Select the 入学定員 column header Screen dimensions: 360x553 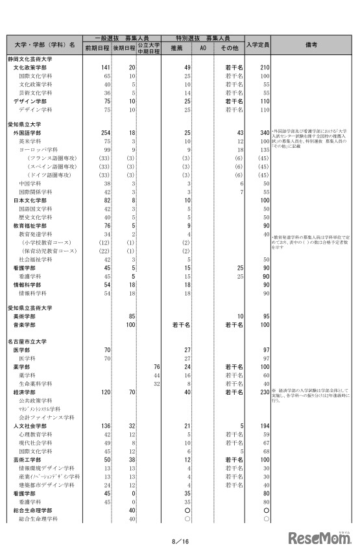click(x=258, y=45)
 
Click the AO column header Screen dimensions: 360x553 click(x=202, y=48)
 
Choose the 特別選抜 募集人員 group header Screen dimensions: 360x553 click(x=203, y=38)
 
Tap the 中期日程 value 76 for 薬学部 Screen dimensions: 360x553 click(x=156, y=366)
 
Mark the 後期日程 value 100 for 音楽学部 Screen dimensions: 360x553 click(x=130, y=324)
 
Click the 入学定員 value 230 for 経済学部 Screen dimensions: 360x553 click(x=263, y=392)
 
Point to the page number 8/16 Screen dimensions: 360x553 click(x=180, y=541)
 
